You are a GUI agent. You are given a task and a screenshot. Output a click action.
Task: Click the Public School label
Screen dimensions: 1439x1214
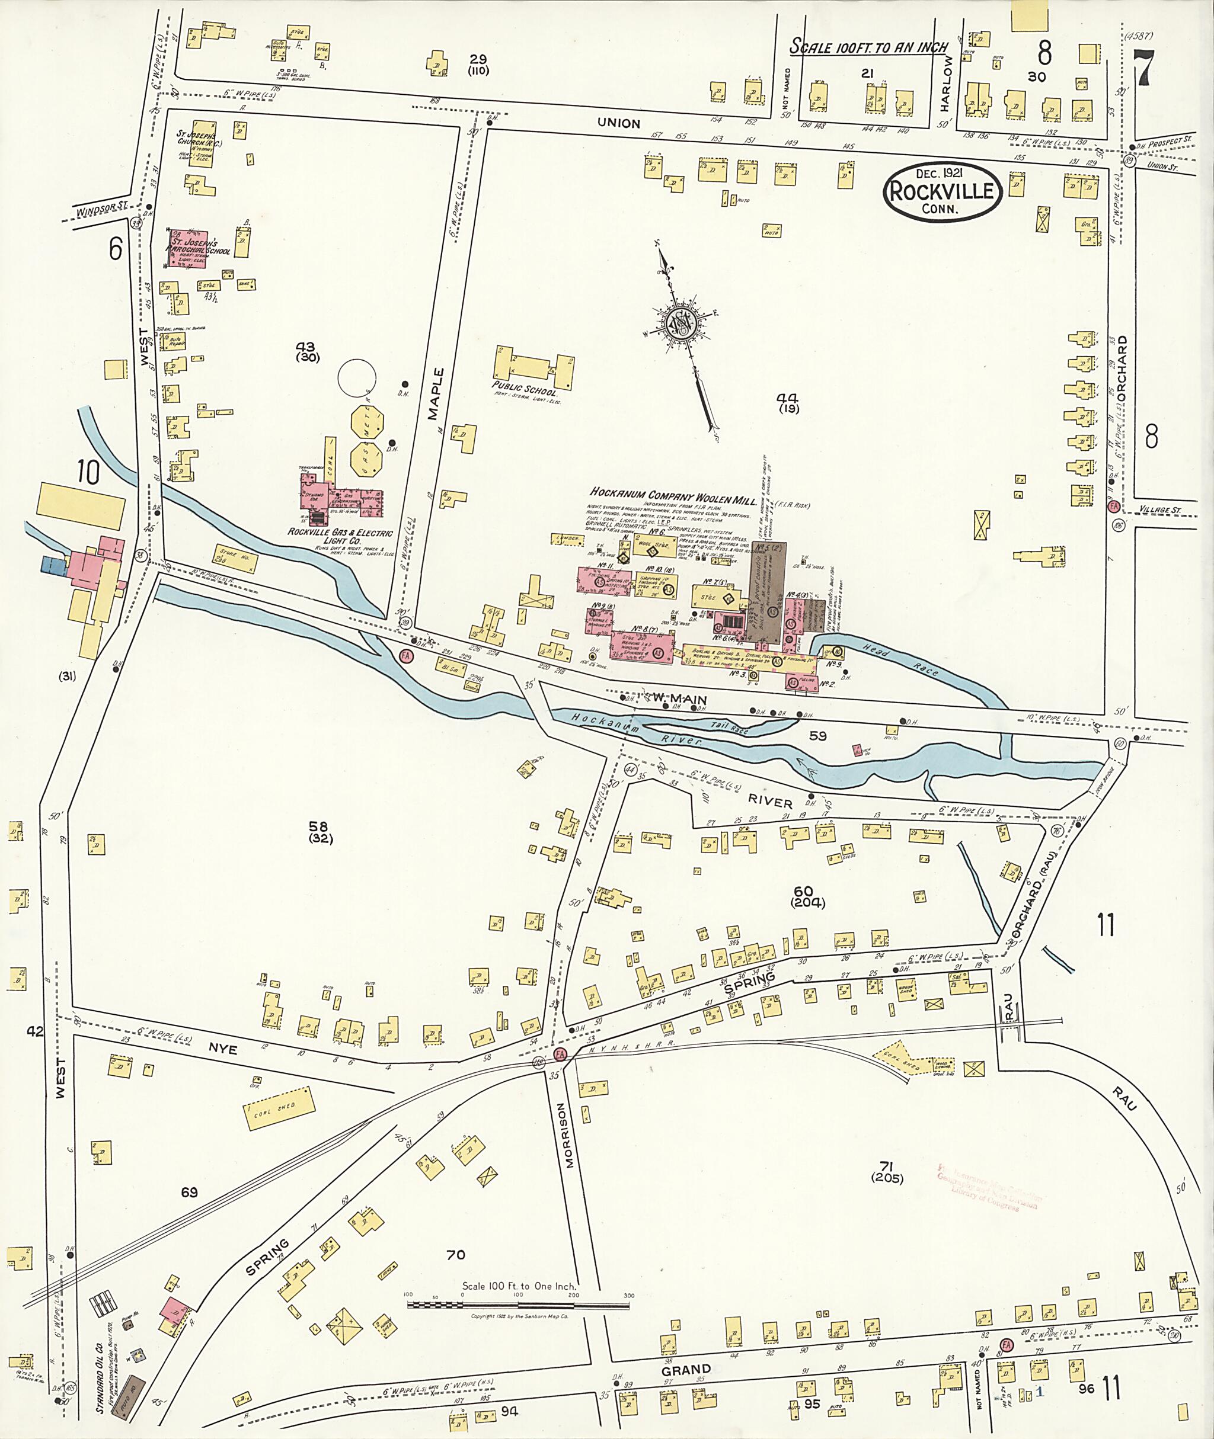pos(524,389)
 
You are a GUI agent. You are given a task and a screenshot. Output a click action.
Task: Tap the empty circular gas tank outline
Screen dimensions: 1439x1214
pos(357,377)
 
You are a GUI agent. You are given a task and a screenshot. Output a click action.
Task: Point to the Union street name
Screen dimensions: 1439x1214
pos(618,123)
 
